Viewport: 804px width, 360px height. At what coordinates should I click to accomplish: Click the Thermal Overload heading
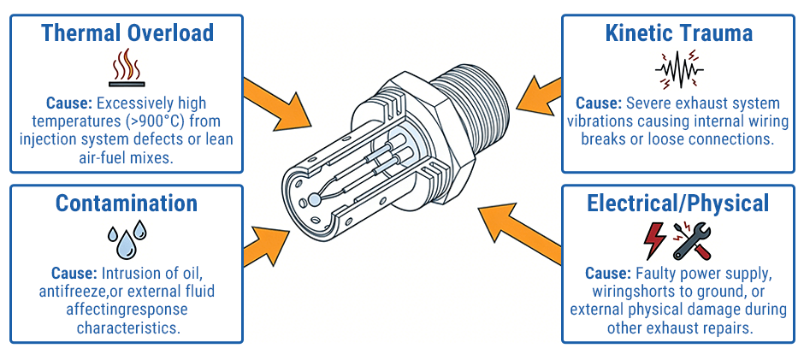click(127, 32)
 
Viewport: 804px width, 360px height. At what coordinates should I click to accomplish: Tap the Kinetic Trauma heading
click(678, 32)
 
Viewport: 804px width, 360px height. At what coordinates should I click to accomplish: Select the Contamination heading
click(127, 203)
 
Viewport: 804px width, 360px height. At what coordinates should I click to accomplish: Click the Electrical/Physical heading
click(677, 203)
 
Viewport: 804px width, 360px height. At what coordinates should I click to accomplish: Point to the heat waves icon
click(126, 68)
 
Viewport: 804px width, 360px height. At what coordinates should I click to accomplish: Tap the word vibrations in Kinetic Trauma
click(606, 121)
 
